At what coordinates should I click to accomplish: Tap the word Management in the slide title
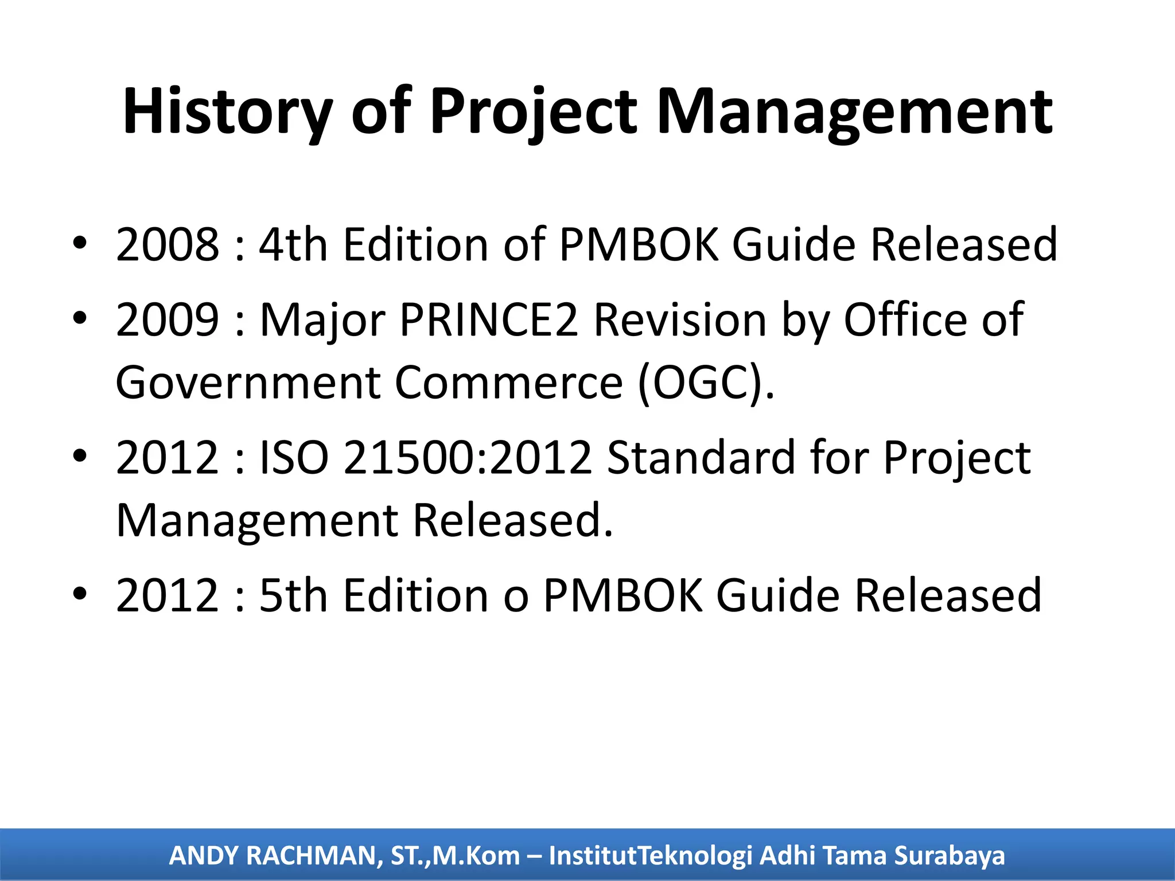pyautogui.click(x=854, y=112)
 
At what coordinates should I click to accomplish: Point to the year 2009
pyautogui.click(x=167, y=319)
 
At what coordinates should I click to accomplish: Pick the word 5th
pyautogui.click(x=293, y=595)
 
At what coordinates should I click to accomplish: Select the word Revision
pyautogui.click(x=680, y=319)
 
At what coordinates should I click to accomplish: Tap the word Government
pyautogui.click(x=247, y=383)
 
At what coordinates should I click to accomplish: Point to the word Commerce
pyautogui.click(x=509, y=383)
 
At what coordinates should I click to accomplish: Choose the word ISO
pyautogui.click(x=294, y=458)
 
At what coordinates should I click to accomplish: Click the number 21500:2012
pyautogui.click(x=468, y=458)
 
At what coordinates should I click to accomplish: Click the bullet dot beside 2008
pyautogui.click(x=80, y=243)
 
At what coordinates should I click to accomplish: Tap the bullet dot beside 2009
pyautogui.click(x=80, y=318)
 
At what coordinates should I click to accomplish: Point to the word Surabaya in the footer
pyautogui.click(x=950, y=856)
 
